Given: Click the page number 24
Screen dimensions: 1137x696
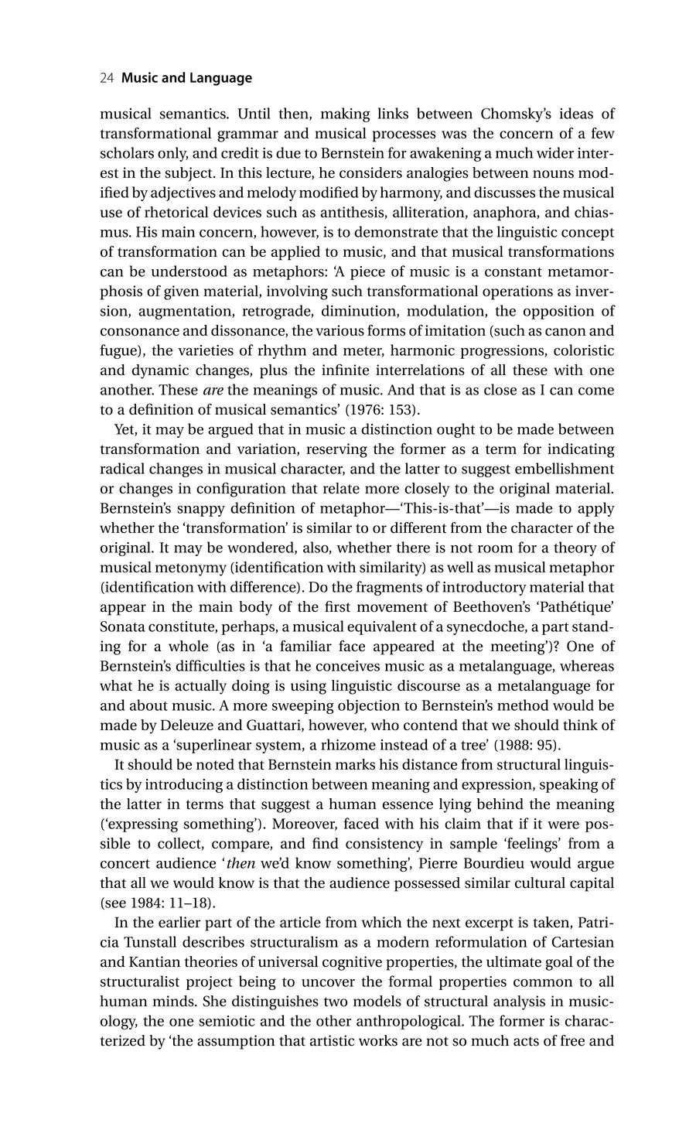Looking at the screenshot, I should (x=107, y=78).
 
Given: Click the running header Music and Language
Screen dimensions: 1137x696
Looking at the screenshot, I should (x=187, y=78).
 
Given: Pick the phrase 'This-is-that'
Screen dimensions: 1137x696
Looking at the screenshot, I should (x=434, y=508).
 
